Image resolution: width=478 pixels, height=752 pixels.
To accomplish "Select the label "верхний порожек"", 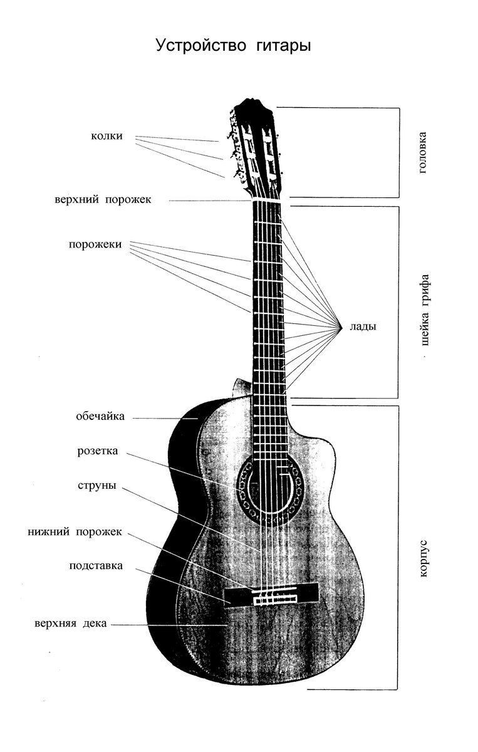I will (103, 200).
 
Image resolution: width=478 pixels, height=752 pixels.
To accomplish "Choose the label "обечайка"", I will (100, 416).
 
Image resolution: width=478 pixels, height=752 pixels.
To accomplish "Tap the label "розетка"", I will (98, 451).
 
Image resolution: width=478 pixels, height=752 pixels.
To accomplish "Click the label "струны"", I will (96, 486).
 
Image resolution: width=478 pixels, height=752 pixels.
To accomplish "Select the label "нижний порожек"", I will (75, 532).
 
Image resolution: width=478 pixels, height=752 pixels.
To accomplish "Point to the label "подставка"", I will (96, 566).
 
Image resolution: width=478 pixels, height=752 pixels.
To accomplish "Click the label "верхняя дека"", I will (71, 624).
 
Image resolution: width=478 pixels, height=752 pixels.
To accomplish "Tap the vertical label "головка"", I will (424, 152).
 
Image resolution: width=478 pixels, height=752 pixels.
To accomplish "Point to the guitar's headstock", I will (255, 147).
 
